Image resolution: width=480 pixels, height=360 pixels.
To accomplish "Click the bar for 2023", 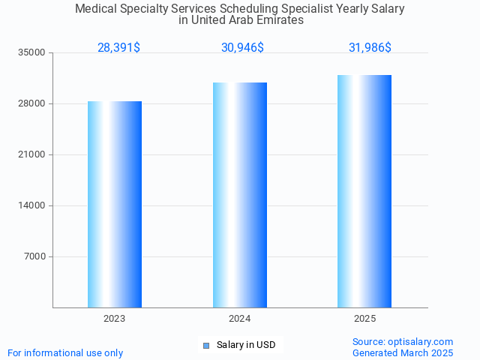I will coord(115,204).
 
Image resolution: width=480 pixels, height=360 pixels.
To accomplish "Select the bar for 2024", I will coord(240,195).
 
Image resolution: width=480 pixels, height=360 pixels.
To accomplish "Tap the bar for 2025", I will coord(364,191).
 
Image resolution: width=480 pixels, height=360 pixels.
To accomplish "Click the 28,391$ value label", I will coord(118,47).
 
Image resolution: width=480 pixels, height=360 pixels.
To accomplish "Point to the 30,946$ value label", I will coord(242,47).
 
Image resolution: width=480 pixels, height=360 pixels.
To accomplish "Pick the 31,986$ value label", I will coord(370,47).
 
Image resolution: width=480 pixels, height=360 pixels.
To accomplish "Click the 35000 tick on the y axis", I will coord(33,52).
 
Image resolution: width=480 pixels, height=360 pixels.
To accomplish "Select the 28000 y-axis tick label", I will coord(33,103).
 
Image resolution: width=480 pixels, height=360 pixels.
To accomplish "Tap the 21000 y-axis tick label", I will coord(33,154).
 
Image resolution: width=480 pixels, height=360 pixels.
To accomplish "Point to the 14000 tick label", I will coord(33,205).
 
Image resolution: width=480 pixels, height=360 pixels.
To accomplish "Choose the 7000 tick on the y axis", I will coord(35,256).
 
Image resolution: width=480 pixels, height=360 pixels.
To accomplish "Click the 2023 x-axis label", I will coord(115,319).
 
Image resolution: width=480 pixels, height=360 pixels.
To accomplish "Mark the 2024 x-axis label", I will coord(240,319).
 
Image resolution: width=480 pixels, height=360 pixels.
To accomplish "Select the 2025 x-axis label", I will coord(364,319).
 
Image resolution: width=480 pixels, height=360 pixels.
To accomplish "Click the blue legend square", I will coord(206,345).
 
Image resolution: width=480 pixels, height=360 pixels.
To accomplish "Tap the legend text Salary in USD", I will coord(246,345).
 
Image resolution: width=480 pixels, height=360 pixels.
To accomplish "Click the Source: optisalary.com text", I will coord(403,341).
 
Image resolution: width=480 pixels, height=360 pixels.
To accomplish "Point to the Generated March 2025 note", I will coord(403,352).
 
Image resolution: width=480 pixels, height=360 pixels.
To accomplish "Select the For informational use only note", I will coord(65,352).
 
